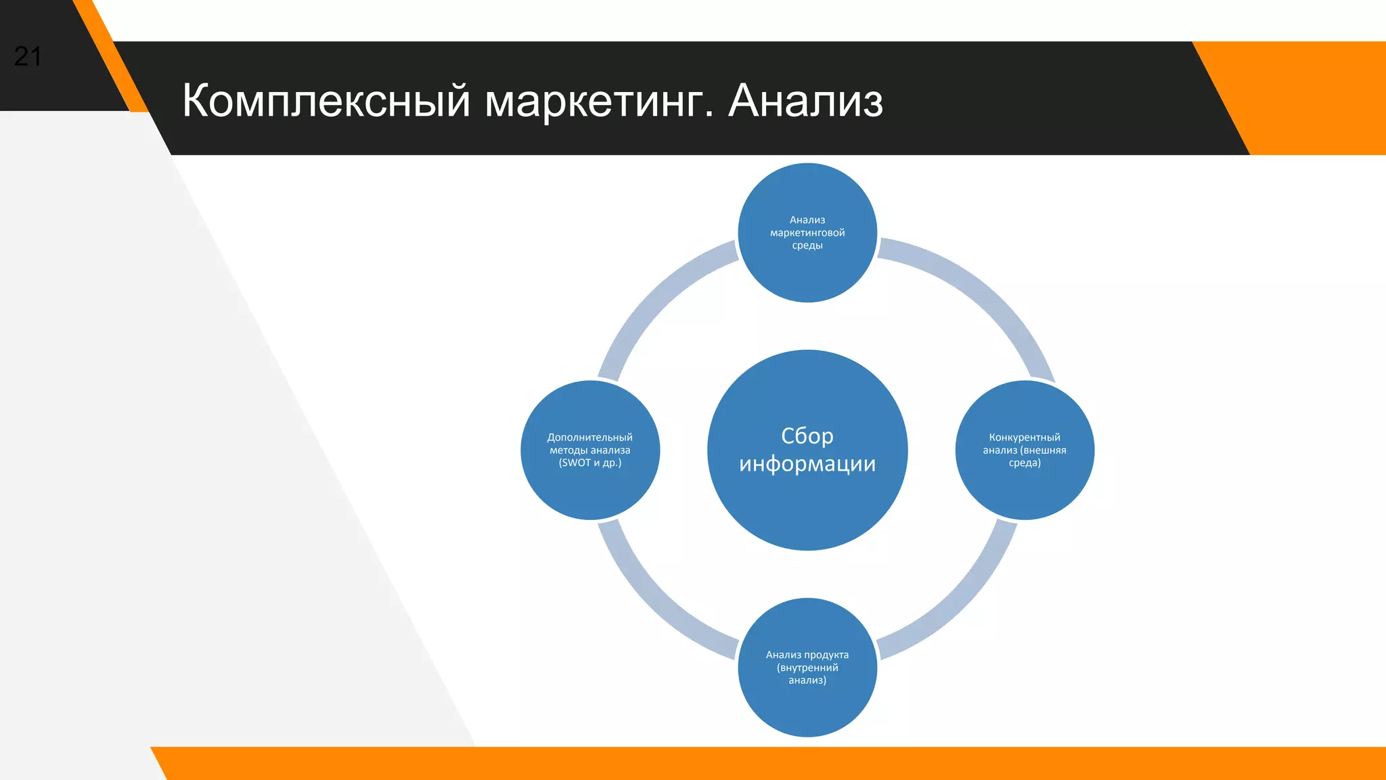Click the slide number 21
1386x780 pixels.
click(x=28, y=57)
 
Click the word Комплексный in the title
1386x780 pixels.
click(x=326, y=102)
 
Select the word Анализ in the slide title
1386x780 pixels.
click(x=805, y=102)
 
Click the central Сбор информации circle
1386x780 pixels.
click(x=807, y=501)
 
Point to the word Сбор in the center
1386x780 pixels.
click(x=807, y=435)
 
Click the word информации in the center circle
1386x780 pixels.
click(x=807, y=464)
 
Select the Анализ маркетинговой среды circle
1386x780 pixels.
click(x=807, y=271)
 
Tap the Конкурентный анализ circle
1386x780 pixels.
click(x=1025, y=487)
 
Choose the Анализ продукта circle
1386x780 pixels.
click(x=807, y=704)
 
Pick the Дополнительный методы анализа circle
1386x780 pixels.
click(x=590, y=487)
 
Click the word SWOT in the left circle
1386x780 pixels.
click(x=576, y=463)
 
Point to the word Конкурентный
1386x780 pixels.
click(x=1025, y=437)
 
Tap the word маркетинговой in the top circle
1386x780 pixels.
click(x=807, y=233)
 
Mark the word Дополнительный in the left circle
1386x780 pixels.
click(x=590, y=437)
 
